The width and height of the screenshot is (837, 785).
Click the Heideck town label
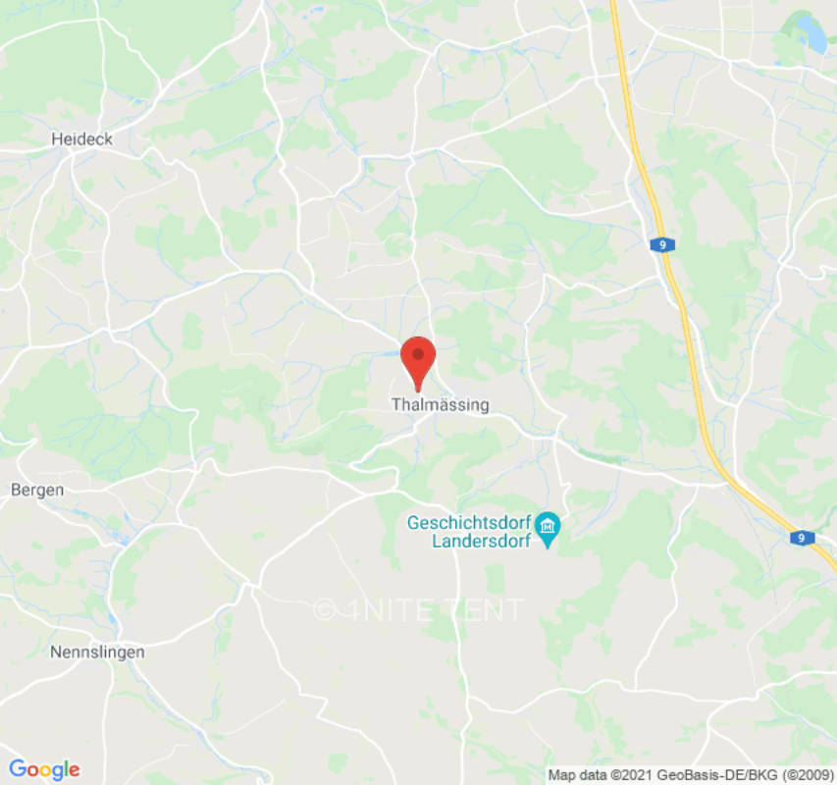tap(81, 139)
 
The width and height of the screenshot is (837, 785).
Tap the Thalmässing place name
tap(440, 404)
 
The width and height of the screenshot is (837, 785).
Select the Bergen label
tap(37, 490)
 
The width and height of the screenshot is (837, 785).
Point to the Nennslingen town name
tap(97, 652)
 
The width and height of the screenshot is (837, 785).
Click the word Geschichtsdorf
tap(469, 522)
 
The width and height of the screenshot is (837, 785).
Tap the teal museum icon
tap(549, 531)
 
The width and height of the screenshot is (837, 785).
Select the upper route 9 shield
tap(663, 244)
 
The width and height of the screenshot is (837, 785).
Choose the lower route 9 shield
tap(802, 538)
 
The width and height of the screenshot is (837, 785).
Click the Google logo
tap(43, 769)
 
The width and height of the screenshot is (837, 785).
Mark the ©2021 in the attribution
tap(628, 774)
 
